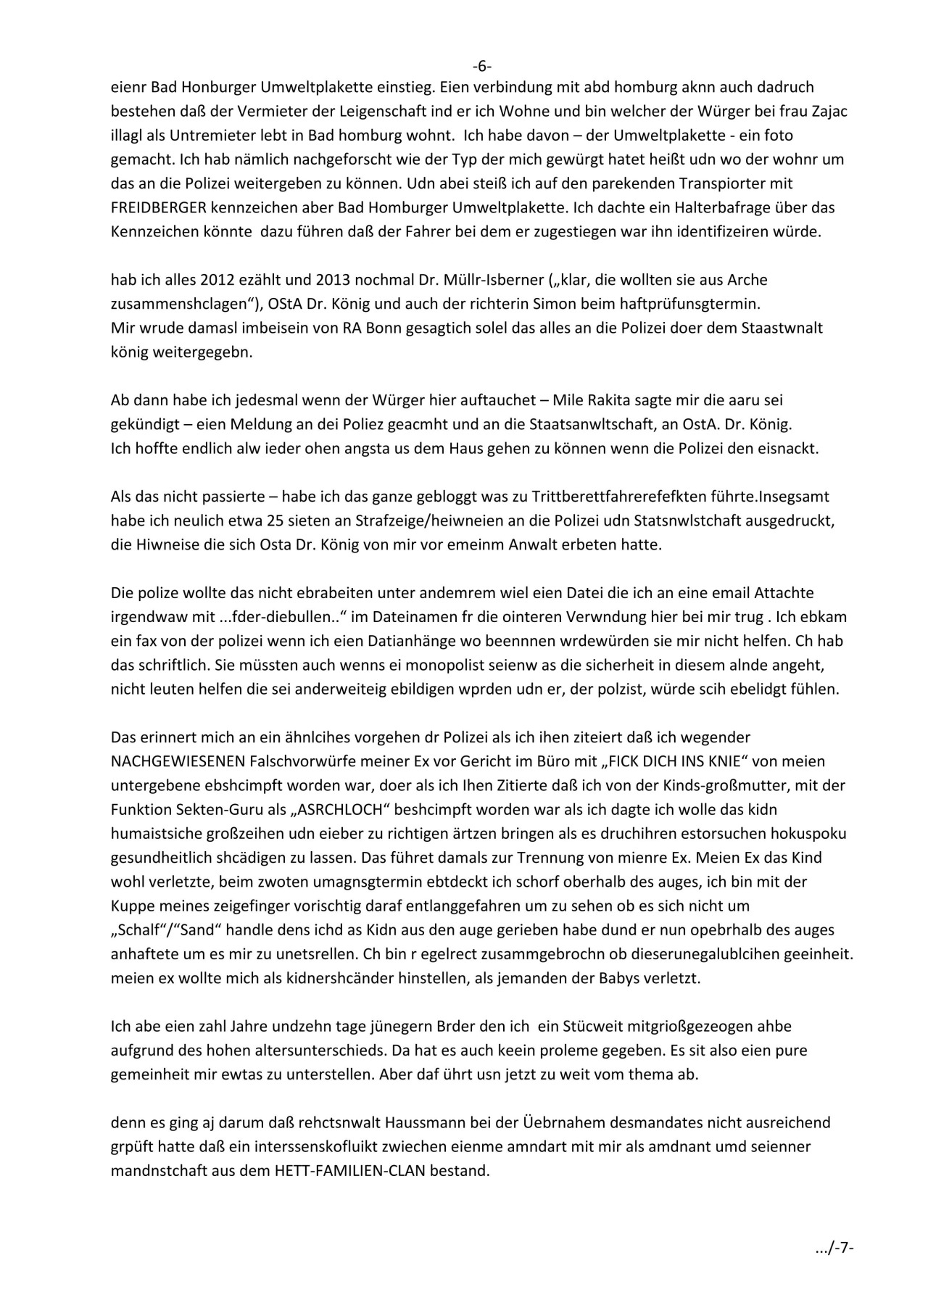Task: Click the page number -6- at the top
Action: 482,66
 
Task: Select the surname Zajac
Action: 829,111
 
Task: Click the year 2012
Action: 215,279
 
